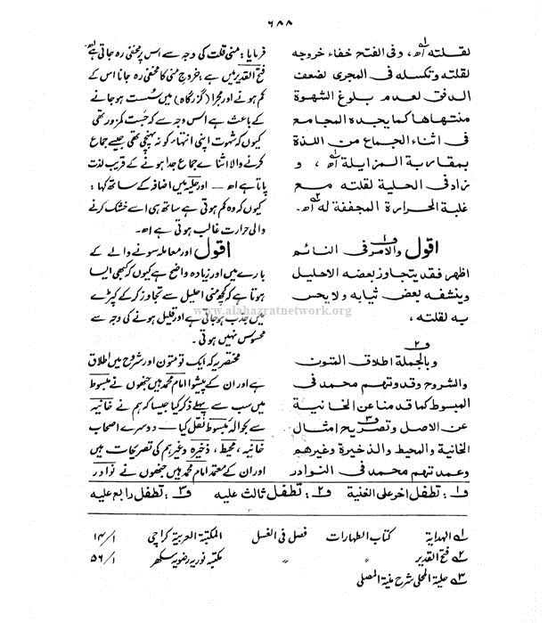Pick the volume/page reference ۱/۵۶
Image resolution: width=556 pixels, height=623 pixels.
tap(103, 560)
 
